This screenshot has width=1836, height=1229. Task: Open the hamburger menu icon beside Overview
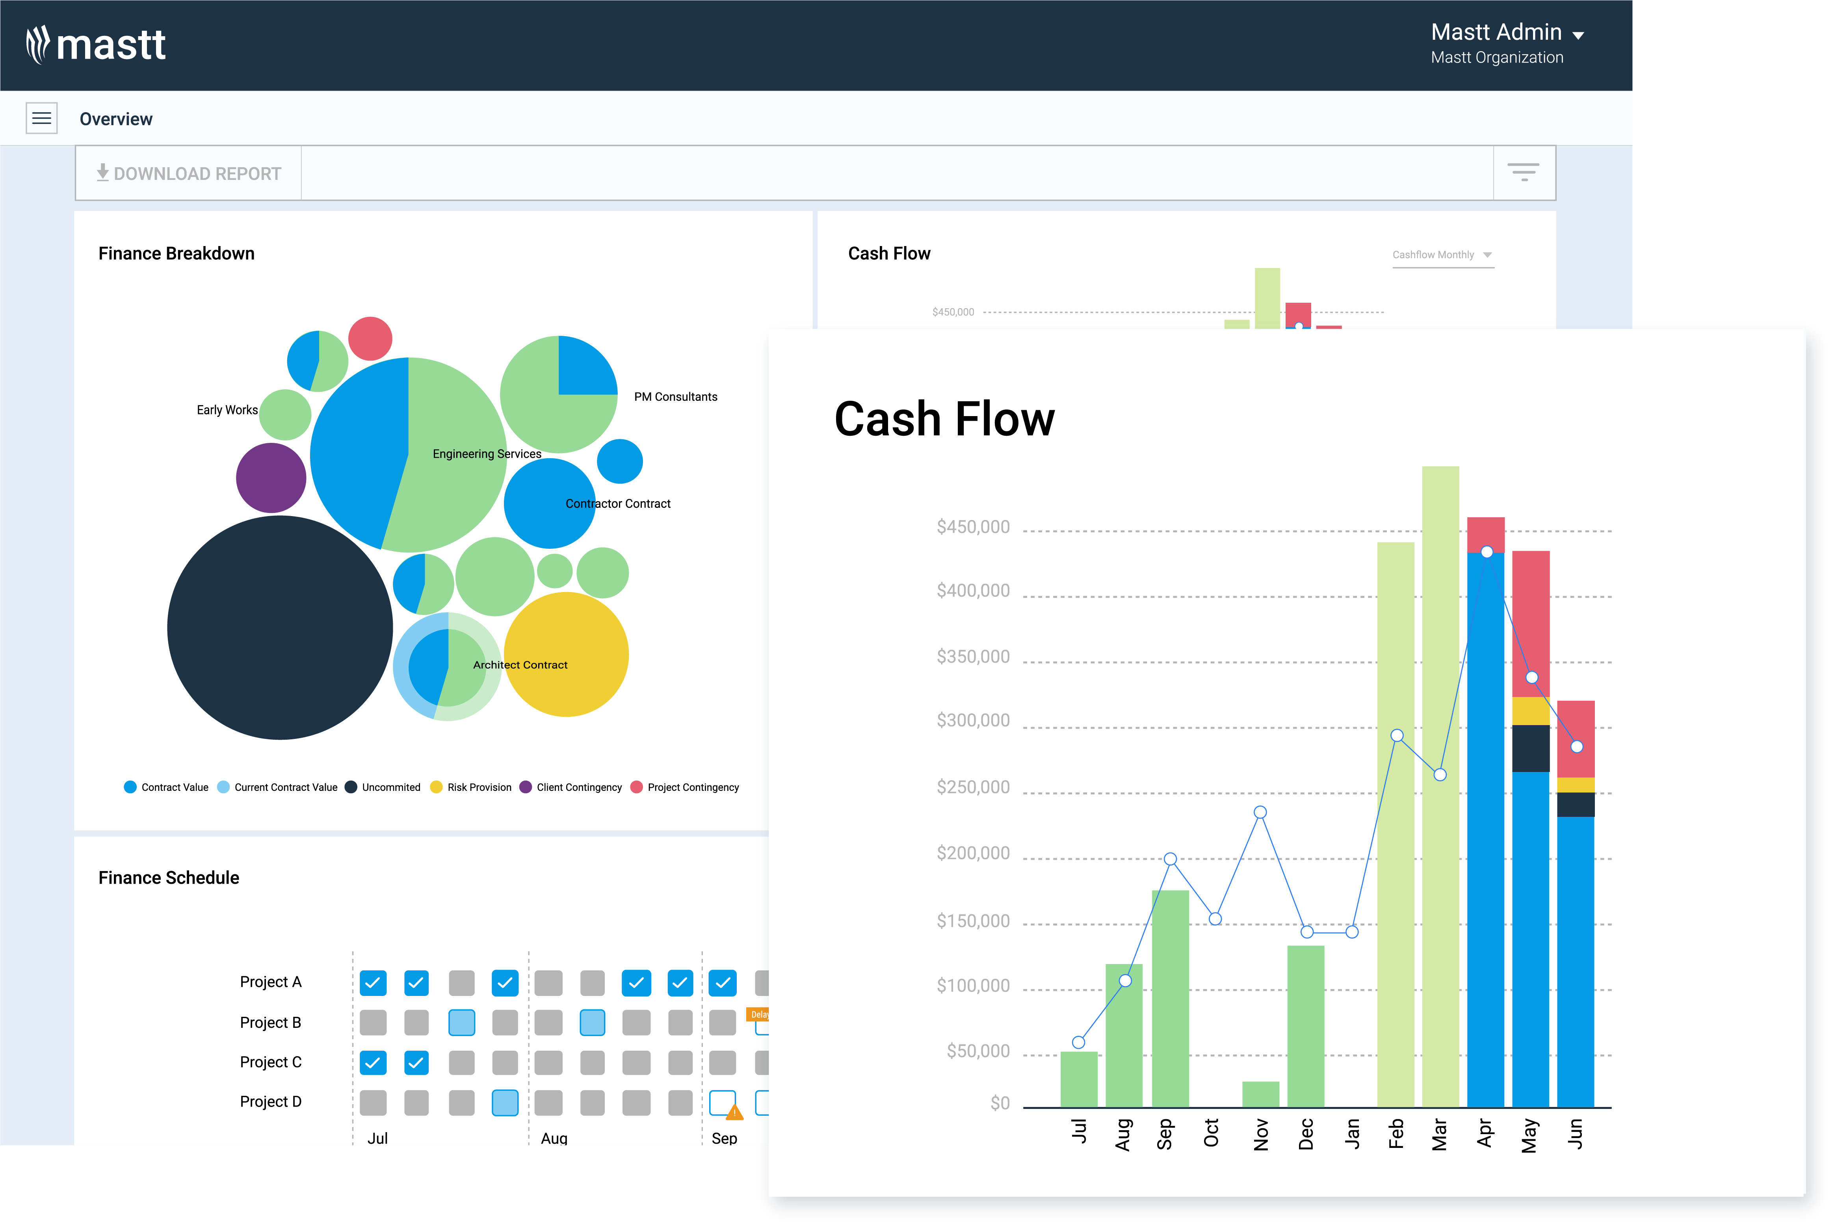(x=42, y=118)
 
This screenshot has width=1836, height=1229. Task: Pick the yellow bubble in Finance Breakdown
(x=566, y=655)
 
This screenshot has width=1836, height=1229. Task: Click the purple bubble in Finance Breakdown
(x=271, y=478)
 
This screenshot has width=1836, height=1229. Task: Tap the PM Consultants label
(x=675, y=396)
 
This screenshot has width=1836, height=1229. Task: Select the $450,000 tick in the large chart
(x=972, y=527)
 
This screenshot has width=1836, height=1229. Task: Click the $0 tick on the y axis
(x=999, y=1103)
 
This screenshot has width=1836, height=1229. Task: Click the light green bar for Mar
(x=1440, y=784)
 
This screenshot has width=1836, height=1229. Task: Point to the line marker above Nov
(x=1260, y=812)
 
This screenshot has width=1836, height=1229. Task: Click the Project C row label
(x=271, y=1062)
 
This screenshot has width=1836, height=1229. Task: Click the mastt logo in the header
(x=96, y=44)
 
